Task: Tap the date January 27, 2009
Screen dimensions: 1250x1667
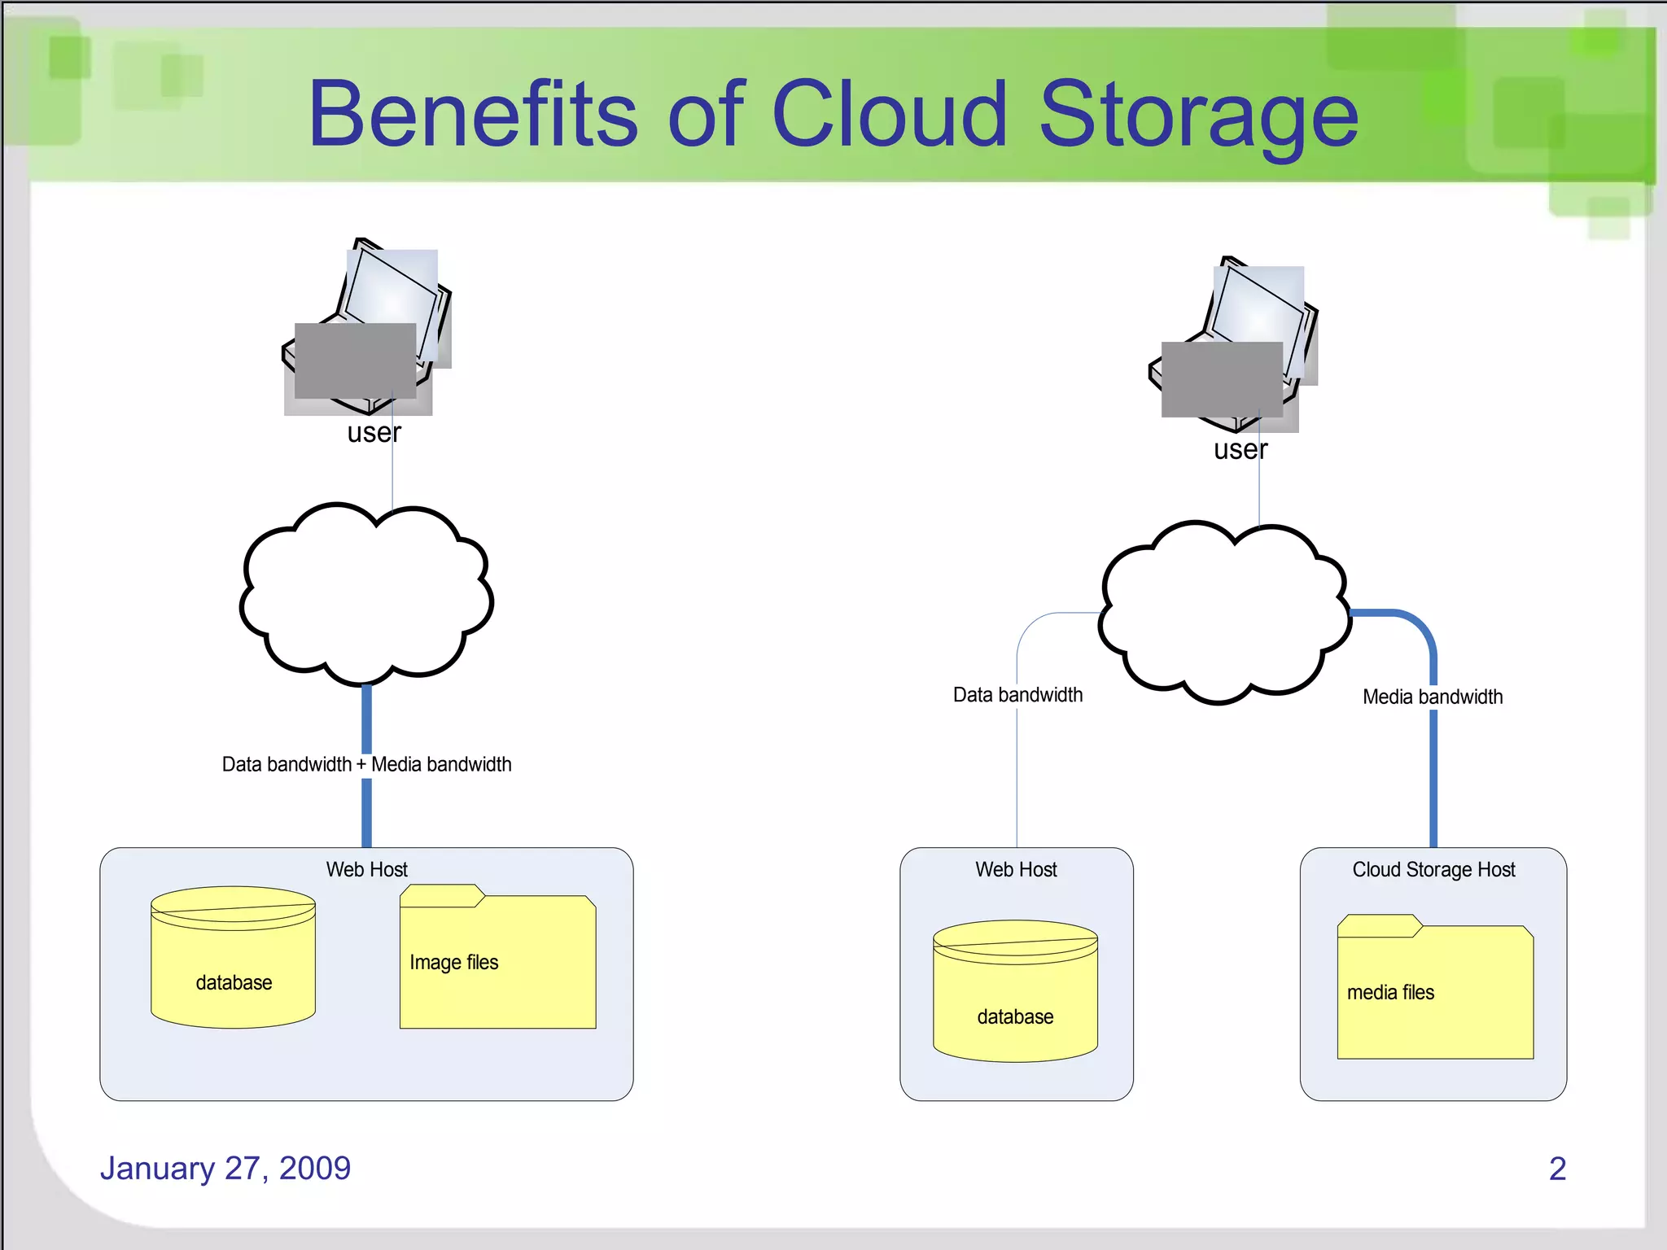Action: point(225,1168)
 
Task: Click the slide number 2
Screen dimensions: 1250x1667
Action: point(1557,1169)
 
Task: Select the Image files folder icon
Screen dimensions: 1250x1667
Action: point(497,958)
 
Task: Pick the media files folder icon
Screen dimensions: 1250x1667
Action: point(1435,988)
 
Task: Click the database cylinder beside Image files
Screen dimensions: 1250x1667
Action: point(234,957)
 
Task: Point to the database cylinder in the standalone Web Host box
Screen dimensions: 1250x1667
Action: point(1015,991)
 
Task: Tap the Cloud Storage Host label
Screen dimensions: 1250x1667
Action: point(1433,870)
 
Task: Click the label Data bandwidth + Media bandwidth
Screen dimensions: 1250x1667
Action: point(366,764)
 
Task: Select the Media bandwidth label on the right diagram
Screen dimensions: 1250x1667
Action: point(1433,697)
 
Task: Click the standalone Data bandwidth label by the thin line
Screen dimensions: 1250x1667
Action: point(1017,695)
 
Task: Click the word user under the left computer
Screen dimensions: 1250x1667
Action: point(374,433)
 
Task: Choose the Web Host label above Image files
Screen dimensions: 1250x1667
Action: point(366,870)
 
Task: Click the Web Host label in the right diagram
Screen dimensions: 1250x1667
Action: point(1016,870)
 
